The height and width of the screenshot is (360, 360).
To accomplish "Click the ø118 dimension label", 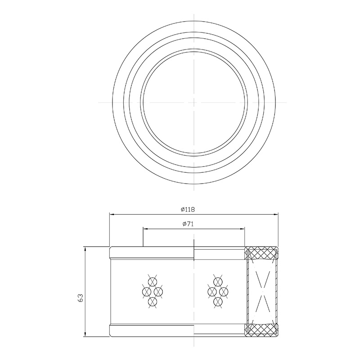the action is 188,209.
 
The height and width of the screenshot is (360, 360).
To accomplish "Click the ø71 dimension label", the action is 188,224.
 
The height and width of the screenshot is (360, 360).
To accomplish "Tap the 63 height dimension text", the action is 81,298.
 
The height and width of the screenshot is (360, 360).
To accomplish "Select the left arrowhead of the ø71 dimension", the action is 145,229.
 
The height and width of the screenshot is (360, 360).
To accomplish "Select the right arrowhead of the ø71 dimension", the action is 242,229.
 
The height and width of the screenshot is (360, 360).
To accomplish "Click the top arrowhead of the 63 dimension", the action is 85,249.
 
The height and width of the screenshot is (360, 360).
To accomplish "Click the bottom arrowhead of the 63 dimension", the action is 85,334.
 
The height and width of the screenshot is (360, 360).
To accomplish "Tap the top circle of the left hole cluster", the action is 152,282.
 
